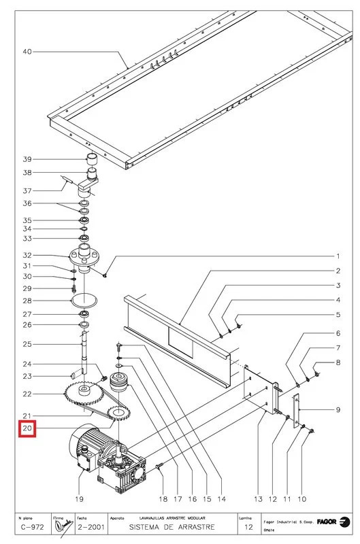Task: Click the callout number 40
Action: pyautogui.click(x=27, y=52)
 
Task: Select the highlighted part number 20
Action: pyautogui.click(x=27, y=429)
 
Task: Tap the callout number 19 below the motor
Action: pyautogui.click(x=80, y=499)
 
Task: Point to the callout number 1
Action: pyautogui.click(x=338, y=256)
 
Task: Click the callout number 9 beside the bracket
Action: pyautogui.click(x=338, y=409)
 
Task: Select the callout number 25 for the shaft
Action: pyautogui.click(x=27, y=344)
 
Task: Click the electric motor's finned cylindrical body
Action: pyautogui.click(x=83, y=445)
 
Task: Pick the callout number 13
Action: pyautogui.click(x=259, y=499)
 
